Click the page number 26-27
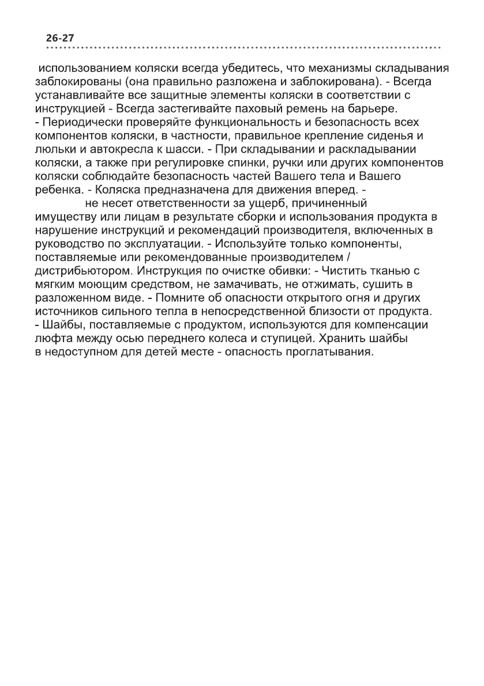tap(60, 38)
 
